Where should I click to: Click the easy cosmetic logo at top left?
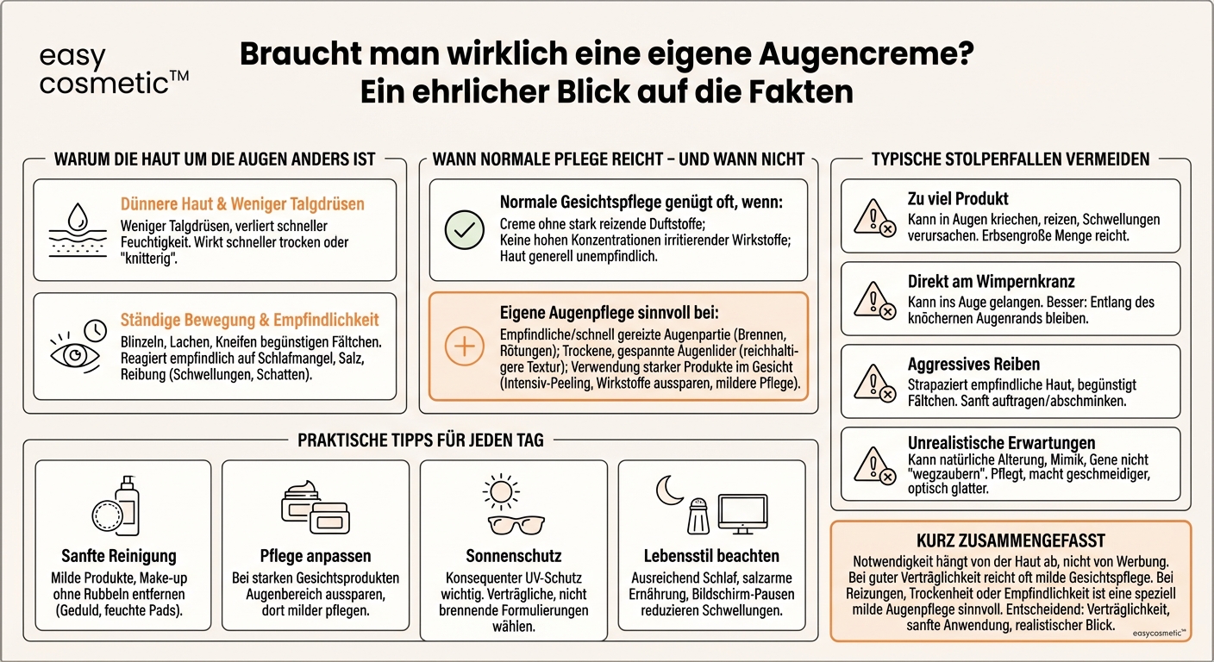coord(113,70)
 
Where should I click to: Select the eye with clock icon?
coord(77,344)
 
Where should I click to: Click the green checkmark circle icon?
coord(464,228)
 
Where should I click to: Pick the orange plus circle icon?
coord(464,346)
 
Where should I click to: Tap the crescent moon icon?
coord(669,491)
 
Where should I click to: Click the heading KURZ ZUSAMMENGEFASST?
coord(1010,541)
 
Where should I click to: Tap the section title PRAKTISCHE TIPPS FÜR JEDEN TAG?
coord(420,440)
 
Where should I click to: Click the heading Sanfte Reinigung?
coord(118,556)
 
